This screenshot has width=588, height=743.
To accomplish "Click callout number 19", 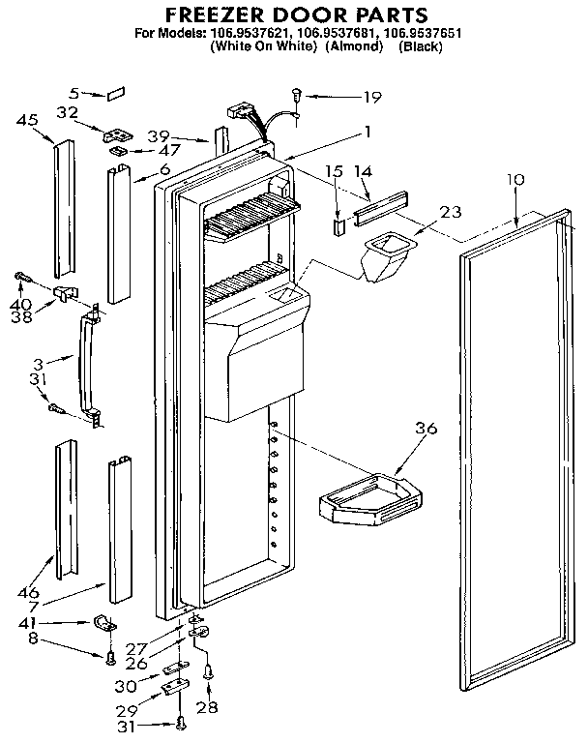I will coord(371,97).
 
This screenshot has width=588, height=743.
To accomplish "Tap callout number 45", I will coord(28,121).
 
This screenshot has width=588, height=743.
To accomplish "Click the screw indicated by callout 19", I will coord(296,94).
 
